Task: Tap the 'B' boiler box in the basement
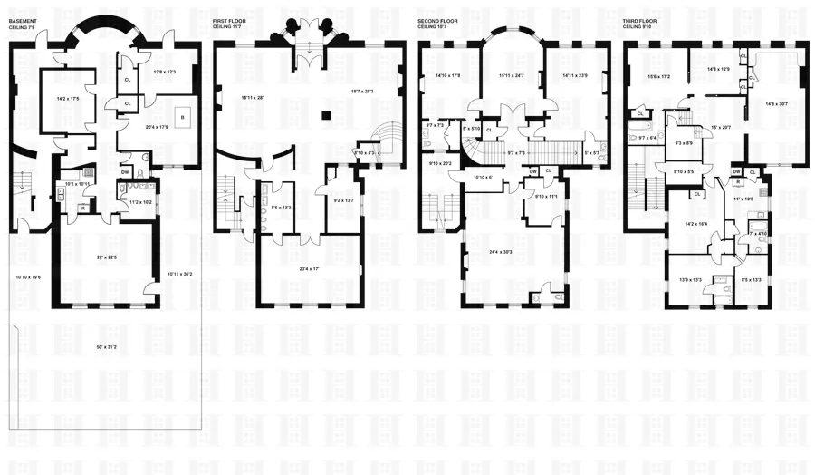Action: [x=182, y=117]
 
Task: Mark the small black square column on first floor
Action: [x=326, y=115]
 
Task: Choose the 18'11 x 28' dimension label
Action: [x=257, y=97]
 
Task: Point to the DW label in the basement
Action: [x=124, y=170]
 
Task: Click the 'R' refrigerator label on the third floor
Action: [x=739, y=181]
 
